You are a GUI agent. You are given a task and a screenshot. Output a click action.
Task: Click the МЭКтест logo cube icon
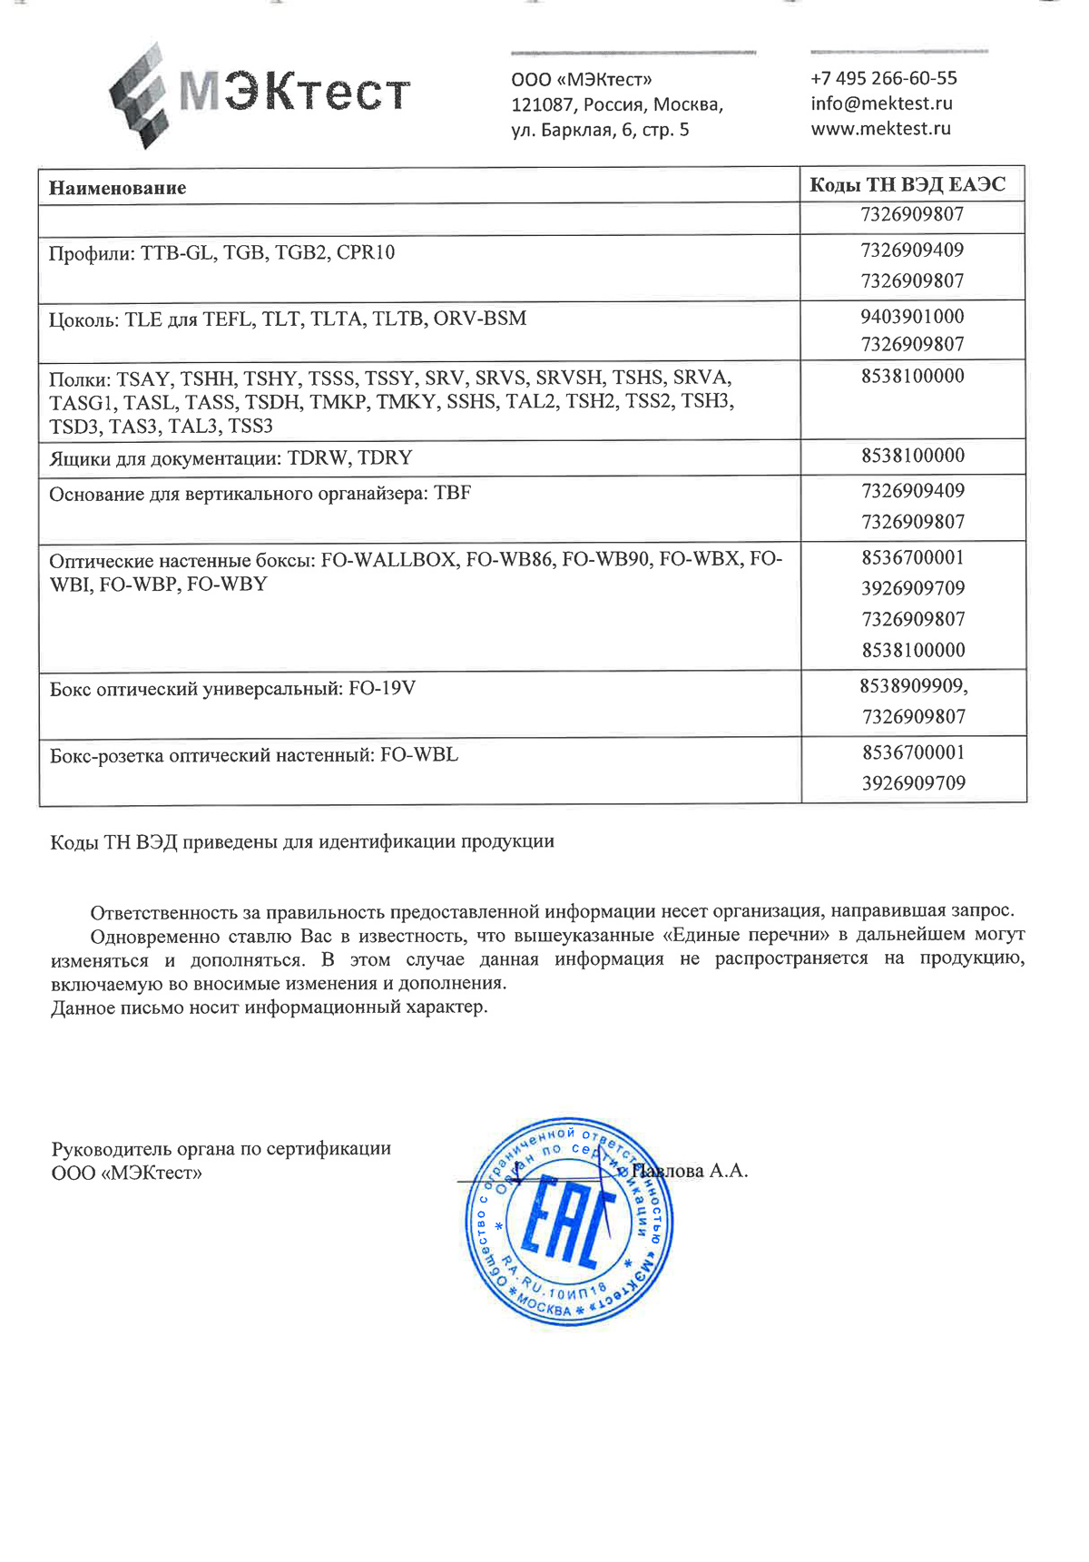140,95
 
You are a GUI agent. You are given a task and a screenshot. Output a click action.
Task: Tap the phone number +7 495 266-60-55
883,78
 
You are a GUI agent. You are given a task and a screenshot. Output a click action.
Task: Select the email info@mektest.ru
881,103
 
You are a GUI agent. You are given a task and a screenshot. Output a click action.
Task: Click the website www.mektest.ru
880,129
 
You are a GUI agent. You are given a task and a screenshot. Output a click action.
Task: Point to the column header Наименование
117,188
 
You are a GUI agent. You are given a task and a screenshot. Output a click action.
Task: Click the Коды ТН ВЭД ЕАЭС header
907,185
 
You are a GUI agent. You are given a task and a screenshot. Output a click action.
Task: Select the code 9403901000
912,317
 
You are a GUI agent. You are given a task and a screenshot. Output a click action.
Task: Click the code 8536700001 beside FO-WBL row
913,752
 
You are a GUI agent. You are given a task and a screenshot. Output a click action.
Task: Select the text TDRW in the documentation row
317,458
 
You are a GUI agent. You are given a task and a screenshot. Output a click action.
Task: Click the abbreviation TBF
452,494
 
